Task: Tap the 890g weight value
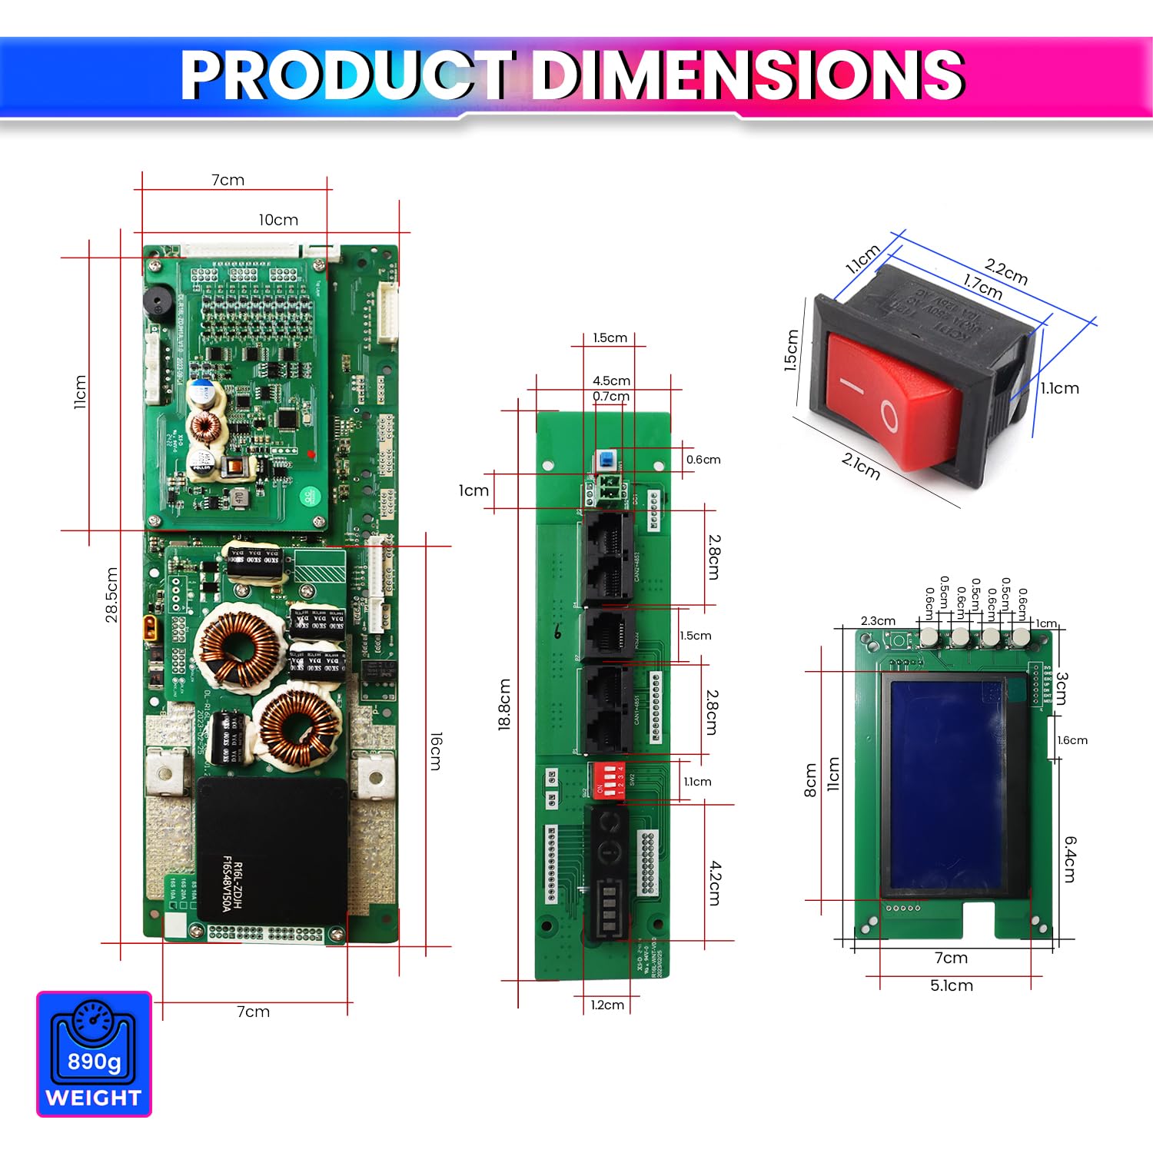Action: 94,1062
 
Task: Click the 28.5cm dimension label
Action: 112,595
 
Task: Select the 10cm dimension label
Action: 278,220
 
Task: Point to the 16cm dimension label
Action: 435,751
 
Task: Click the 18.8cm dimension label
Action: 504,704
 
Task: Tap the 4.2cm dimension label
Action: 715,882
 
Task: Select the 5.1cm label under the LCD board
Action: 952,985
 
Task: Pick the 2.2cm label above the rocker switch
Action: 1006,271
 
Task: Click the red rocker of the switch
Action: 892,400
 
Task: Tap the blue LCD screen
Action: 947,784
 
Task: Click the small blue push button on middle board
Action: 606,460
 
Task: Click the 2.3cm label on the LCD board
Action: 878,621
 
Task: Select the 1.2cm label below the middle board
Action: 607,1005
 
